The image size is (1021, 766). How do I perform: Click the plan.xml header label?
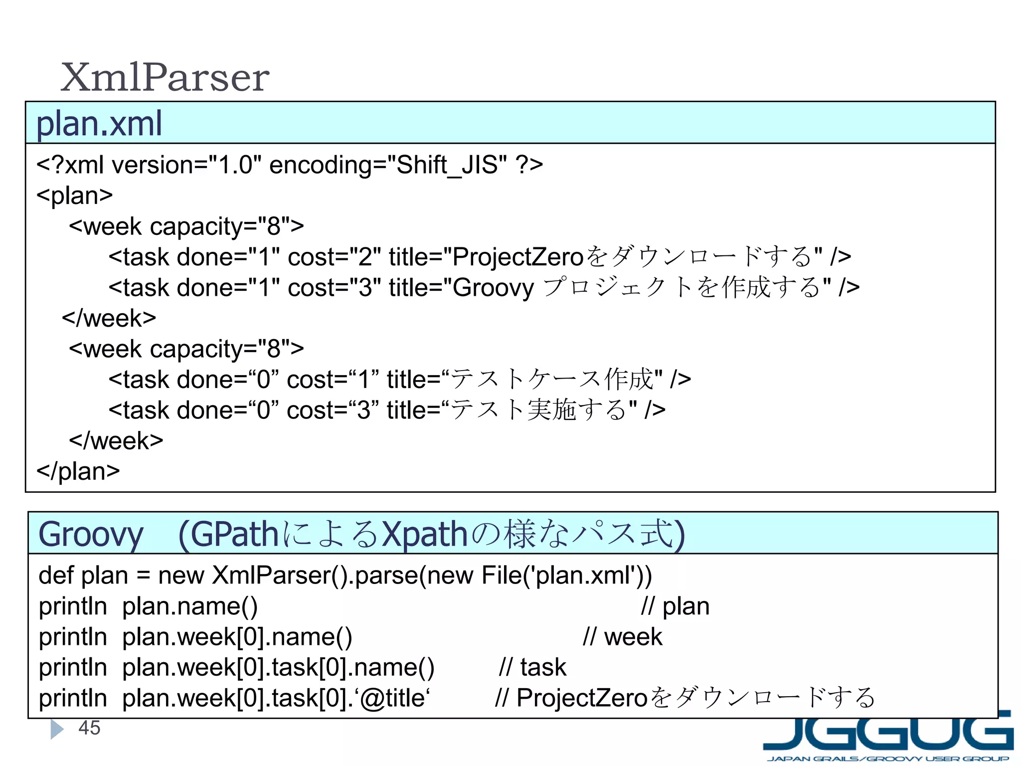click(x=99, y=124)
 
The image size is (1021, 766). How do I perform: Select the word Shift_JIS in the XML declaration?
click(x=447, y=165)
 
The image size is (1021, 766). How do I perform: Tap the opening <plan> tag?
click(x=75, y=195)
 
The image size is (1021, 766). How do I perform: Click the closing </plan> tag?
click(x=78, y=471)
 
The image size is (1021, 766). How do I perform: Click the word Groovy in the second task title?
click(x=494, y=288)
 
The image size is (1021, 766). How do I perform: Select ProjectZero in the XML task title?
click(x=518, y=257)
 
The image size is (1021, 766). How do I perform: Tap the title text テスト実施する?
click(x=538, y=410)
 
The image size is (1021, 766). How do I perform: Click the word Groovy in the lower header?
click(x=91, y=535)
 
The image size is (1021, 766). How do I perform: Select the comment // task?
click(x=532, y=668)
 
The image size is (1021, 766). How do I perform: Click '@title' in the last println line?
click(x=392, y=698)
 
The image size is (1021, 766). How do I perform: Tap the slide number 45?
click(x=89, y=728)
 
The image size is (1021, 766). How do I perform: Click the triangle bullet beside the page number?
click(x=57, y=729)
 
